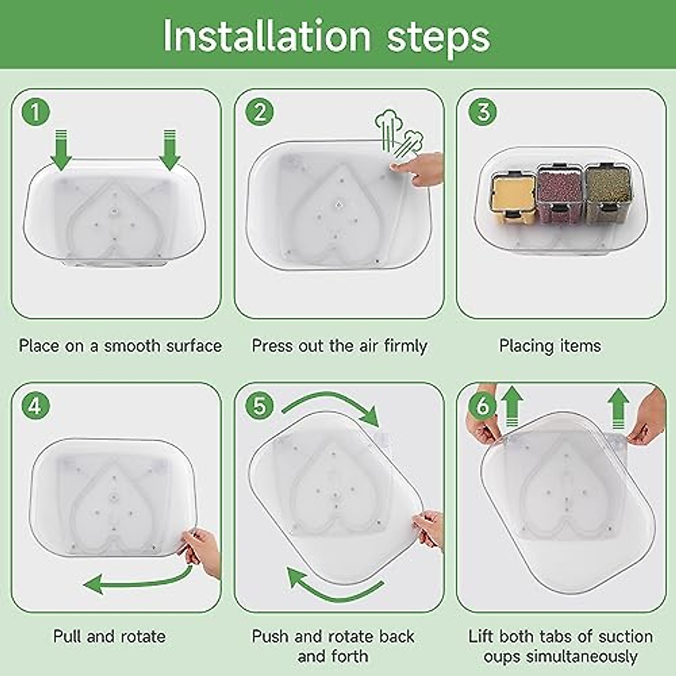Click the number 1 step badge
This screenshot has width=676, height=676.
[36, 112]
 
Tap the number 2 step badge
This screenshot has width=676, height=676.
[259, 112]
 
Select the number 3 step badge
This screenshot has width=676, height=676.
[483, 112]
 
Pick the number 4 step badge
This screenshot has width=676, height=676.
[36, 406]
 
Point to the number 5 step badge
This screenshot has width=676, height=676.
[259, 406]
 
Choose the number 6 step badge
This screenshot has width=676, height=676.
[483, 406]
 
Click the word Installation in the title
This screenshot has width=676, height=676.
[267, 37]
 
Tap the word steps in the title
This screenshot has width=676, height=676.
[438, 39]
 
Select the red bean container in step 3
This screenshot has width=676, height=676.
[560, 194]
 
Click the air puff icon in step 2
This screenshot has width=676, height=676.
[398, 135]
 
